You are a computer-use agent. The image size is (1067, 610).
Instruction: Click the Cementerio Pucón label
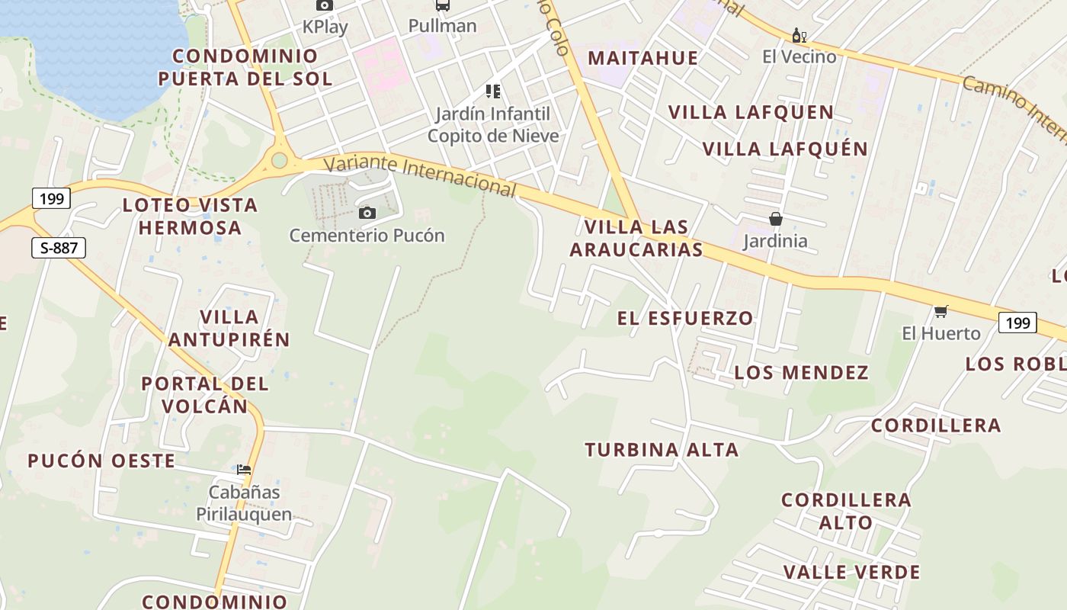[x=367, y=235]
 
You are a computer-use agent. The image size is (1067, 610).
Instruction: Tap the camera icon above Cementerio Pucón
[x=367, y=213]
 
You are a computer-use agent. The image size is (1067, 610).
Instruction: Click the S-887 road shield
[x=59, y=248]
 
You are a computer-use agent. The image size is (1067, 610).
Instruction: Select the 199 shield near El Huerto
[x=1017, y=323]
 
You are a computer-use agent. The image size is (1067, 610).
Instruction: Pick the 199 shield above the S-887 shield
[x=52, y=199]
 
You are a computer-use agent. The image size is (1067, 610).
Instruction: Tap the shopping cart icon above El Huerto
[x=941, y=311]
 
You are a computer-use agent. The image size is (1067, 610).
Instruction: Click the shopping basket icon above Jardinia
[x=776, y=220]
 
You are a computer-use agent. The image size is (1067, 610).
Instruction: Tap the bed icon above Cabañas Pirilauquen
[x=244, y=469]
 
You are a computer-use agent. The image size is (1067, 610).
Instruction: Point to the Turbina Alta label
[x=662, y=450]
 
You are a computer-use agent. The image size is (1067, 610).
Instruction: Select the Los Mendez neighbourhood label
[x=801, y=373]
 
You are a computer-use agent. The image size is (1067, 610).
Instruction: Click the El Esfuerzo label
[x=685, y=318]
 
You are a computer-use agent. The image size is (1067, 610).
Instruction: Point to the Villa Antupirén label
[x=229, y=328]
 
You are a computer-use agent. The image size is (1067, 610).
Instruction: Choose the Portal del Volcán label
[x=205, y=394]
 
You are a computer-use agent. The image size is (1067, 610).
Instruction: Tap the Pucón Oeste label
[x=101, y=461]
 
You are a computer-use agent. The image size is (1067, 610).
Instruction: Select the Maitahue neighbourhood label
[x=643, y=58]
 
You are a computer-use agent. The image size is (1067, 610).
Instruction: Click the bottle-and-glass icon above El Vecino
[x=799, y=36]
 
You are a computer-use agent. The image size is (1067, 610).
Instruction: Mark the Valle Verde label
[x=851, y=572]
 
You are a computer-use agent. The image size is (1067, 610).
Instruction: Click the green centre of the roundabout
[x=280, y=160]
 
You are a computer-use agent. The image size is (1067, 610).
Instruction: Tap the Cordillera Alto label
[x=846, y=511]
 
